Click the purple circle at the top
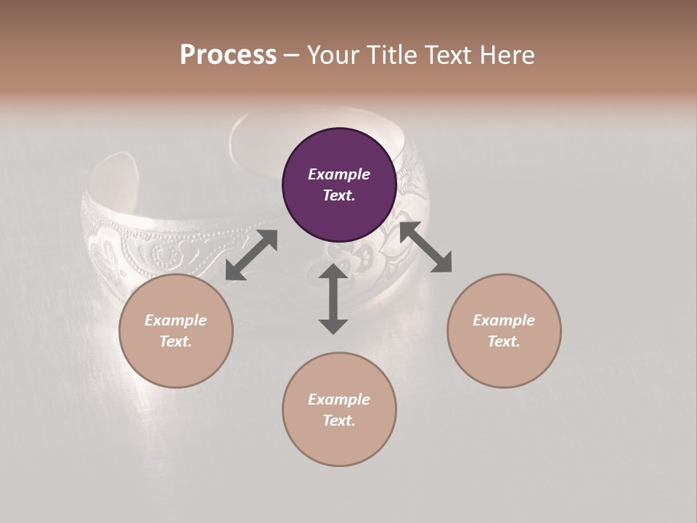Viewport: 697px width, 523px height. [x=339, y=185]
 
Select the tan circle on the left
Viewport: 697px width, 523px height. [x=176, y=331]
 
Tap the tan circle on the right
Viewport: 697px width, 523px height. [x=504, y=331]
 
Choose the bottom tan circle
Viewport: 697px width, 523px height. [x=339, y=410]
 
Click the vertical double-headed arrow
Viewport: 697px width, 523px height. [x=333, y=299]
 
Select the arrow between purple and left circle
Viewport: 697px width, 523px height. [x=251, y=255]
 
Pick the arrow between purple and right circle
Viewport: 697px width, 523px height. [x=426, y=248]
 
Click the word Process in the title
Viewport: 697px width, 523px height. [x=228, y=55]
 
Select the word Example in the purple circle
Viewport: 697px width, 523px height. [x=339, y=174]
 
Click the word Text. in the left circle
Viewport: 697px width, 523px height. [x=176, y=341]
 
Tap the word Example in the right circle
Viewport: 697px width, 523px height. [x=504, y=320]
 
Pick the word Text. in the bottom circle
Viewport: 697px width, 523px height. [x=339, y=421]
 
